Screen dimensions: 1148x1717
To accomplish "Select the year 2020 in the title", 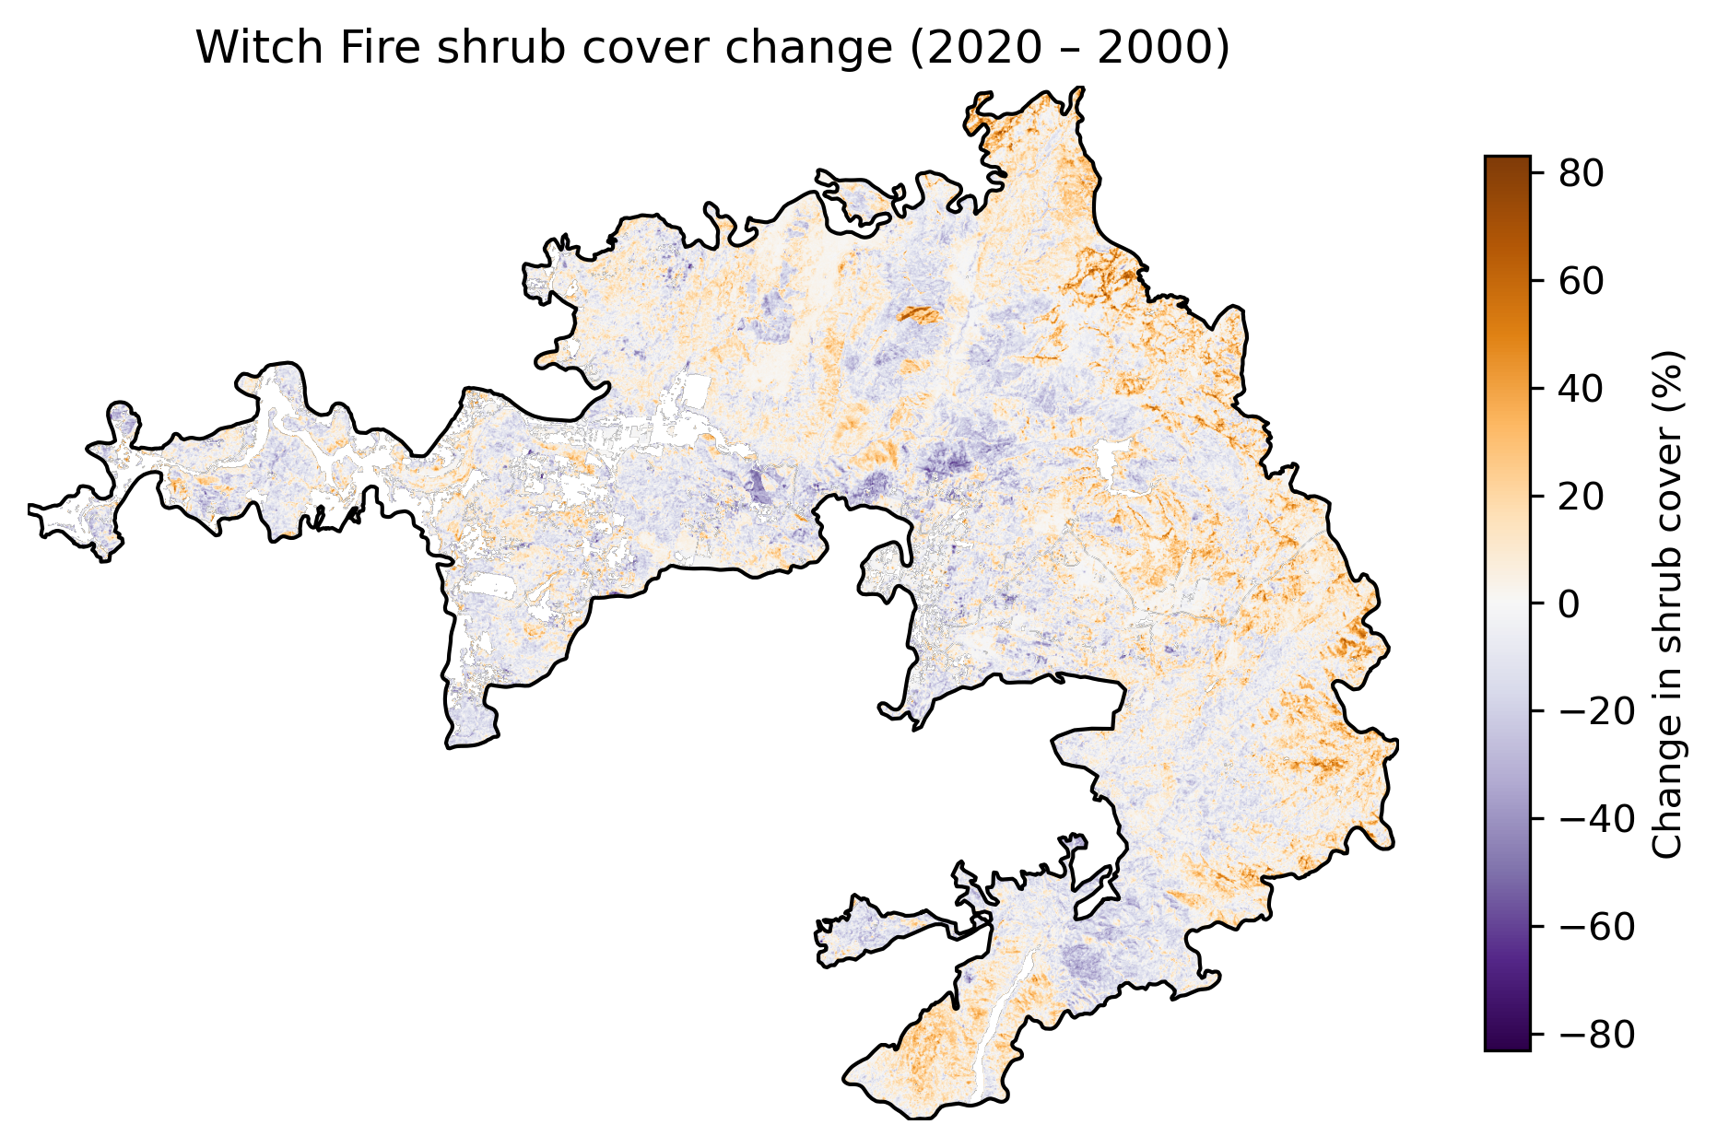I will (968, 48).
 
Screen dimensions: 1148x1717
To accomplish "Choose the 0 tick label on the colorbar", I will (1569, 603).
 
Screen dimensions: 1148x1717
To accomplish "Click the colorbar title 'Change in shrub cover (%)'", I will (1668, 603).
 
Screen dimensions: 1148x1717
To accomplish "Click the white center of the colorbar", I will (1508, 603).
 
